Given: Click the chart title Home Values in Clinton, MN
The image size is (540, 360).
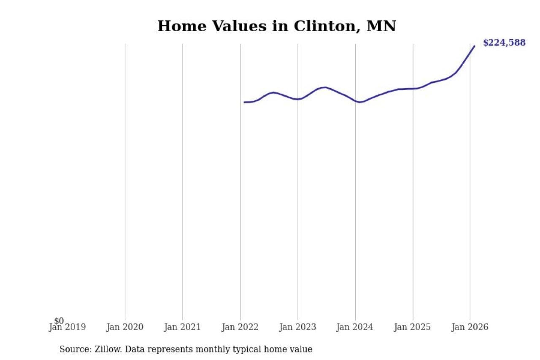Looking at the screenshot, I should pyautogui.click(x=276, y=26).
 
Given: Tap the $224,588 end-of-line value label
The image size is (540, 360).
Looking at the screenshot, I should pyautogui.click(x=504, y=43).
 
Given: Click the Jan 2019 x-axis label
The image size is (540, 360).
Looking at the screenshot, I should pyautogui.click(x=67, y=327).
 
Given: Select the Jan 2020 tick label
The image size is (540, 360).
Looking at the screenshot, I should pyautogui.click(x=125, y=327).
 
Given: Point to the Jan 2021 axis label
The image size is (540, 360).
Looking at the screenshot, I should pyautogui.click(x=183, y=327).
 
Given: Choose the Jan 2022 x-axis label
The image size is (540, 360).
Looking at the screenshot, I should pyautogui.click(x=240, y=327).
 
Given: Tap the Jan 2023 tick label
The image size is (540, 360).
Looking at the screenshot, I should pyautogui.click(x=298, y=327).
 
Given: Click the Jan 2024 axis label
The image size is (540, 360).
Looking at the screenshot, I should pyautogui.click(x=355, y=327).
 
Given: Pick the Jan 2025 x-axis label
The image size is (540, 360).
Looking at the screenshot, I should pyautogui.click(x=413, y=327).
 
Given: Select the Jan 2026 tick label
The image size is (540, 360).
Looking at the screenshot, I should pyautogui.click(x=470, y=327).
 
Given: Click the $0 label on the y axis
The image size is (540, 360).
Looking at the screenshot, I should pyautogui.click(x=59, y=321).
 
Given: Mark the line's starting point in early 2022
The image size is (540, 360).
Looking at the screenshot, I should pyautogui.click(x=245, y=102).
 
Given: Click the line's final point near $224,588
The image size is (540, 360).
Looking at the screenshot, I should pyautogui.click(x=474, y=46).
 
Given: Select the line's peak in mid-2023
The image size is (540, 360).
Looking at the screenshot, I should pyautogui.click(x=325, y=87).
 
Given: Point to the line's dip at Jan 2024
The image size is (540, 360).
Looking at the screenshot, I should pyautogui.click(x=360, y=102).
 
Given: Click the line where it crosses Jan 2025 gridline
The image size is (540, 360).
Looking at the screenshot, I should pyautogui.click(x=413, y=89).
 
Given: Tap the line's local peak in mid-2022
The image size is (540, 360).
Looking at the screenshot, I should pyautogui.click(x=274, y=92).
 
